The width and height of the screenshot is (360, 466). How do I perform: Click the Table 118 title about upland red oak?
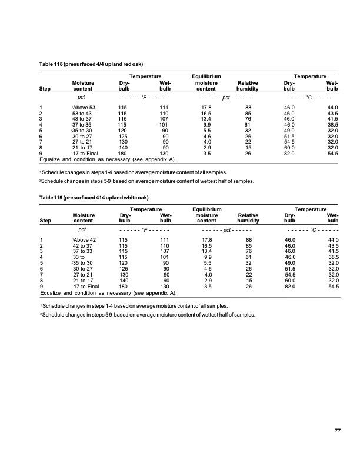pyautogui.click(x=91, y=63)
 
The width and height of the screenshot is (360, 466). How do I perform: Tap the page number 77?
pyautogui.click(x=338, y=431)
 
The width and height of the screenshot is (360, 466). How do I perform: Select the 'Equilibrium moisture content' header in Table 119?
pyautogui.click(x=206, y=216)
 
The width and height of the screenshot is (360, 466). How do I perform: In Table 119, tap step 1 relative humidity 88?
pyautogui.click(x=248, y=241)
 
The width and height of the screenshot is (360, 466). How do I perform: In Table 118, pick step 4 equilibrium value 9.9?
pyautogui.click(x=206, y=125)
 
